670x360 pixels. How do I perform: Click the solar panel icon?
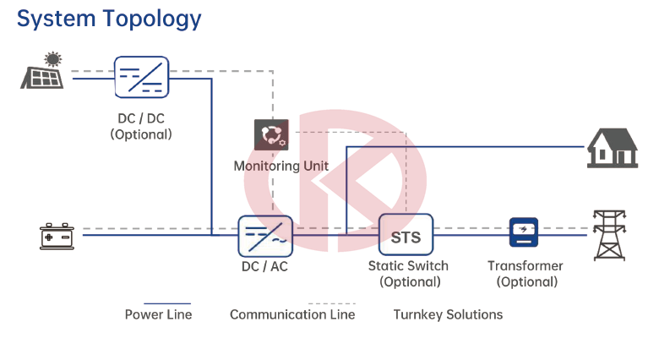pos(42,78)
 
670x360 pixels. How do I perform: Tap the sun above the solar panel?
pos(53,59)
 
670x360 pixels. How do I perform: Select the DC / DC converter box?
pos(141,78)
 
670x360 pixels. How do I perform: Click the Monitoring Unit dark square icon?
pos(271,134)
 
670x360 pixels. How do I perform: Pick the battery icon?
pos(57,236)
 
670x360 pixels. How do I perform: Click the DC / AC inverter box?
pos(265,236)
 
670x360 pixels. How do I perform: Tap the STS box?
pos(406,235)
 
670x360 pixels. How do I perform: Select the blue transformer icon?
pos(524,232)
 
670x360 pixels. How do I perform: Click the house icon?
pos(613,148)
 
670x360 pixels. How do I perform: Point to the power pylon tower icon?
pos(610,235)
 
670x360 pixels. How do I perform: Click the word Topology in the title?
pos(152,19)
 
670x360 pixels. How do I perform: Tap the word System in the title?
pos(56,19)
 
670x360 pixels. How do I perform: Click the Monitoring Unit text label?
pos(281,166)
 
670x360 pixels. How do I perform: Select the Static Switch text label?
pos(408,266)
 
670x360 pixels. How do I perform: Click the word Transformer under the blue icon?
pos(526,266)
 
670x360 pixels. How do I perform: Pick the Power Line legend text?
pos(159,314)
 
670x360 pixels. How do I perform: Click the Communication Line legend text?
pos(292,314)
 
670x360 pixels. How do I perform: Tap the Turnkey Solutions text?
pos(448,314)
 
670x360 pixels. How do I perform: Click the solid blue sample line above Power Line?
pos(167,303)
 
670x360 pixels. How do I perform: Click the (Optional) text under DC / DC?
pos(141,134)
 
